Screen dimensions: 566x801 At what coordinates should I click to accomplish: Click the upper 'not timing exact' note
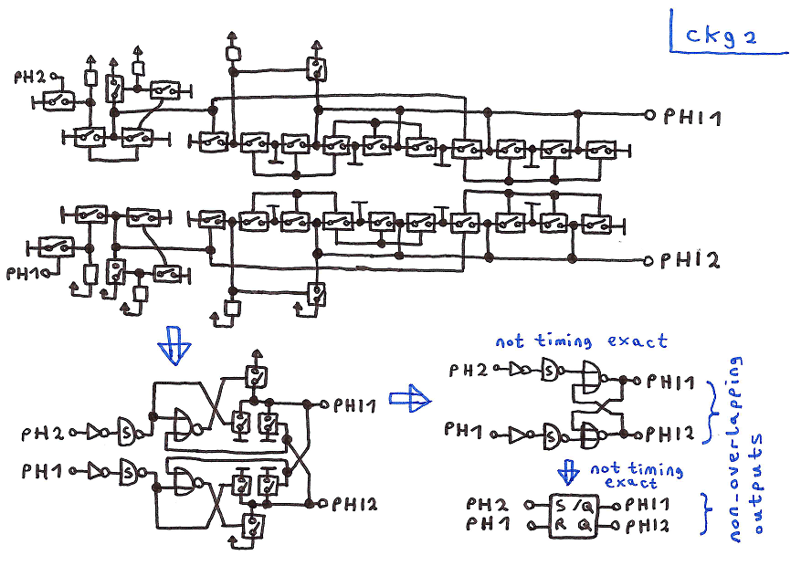(x=581, y=341)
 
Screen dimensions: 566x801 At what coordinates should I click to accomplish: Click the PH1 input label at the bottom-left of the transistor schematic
(x=25, y=272)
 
